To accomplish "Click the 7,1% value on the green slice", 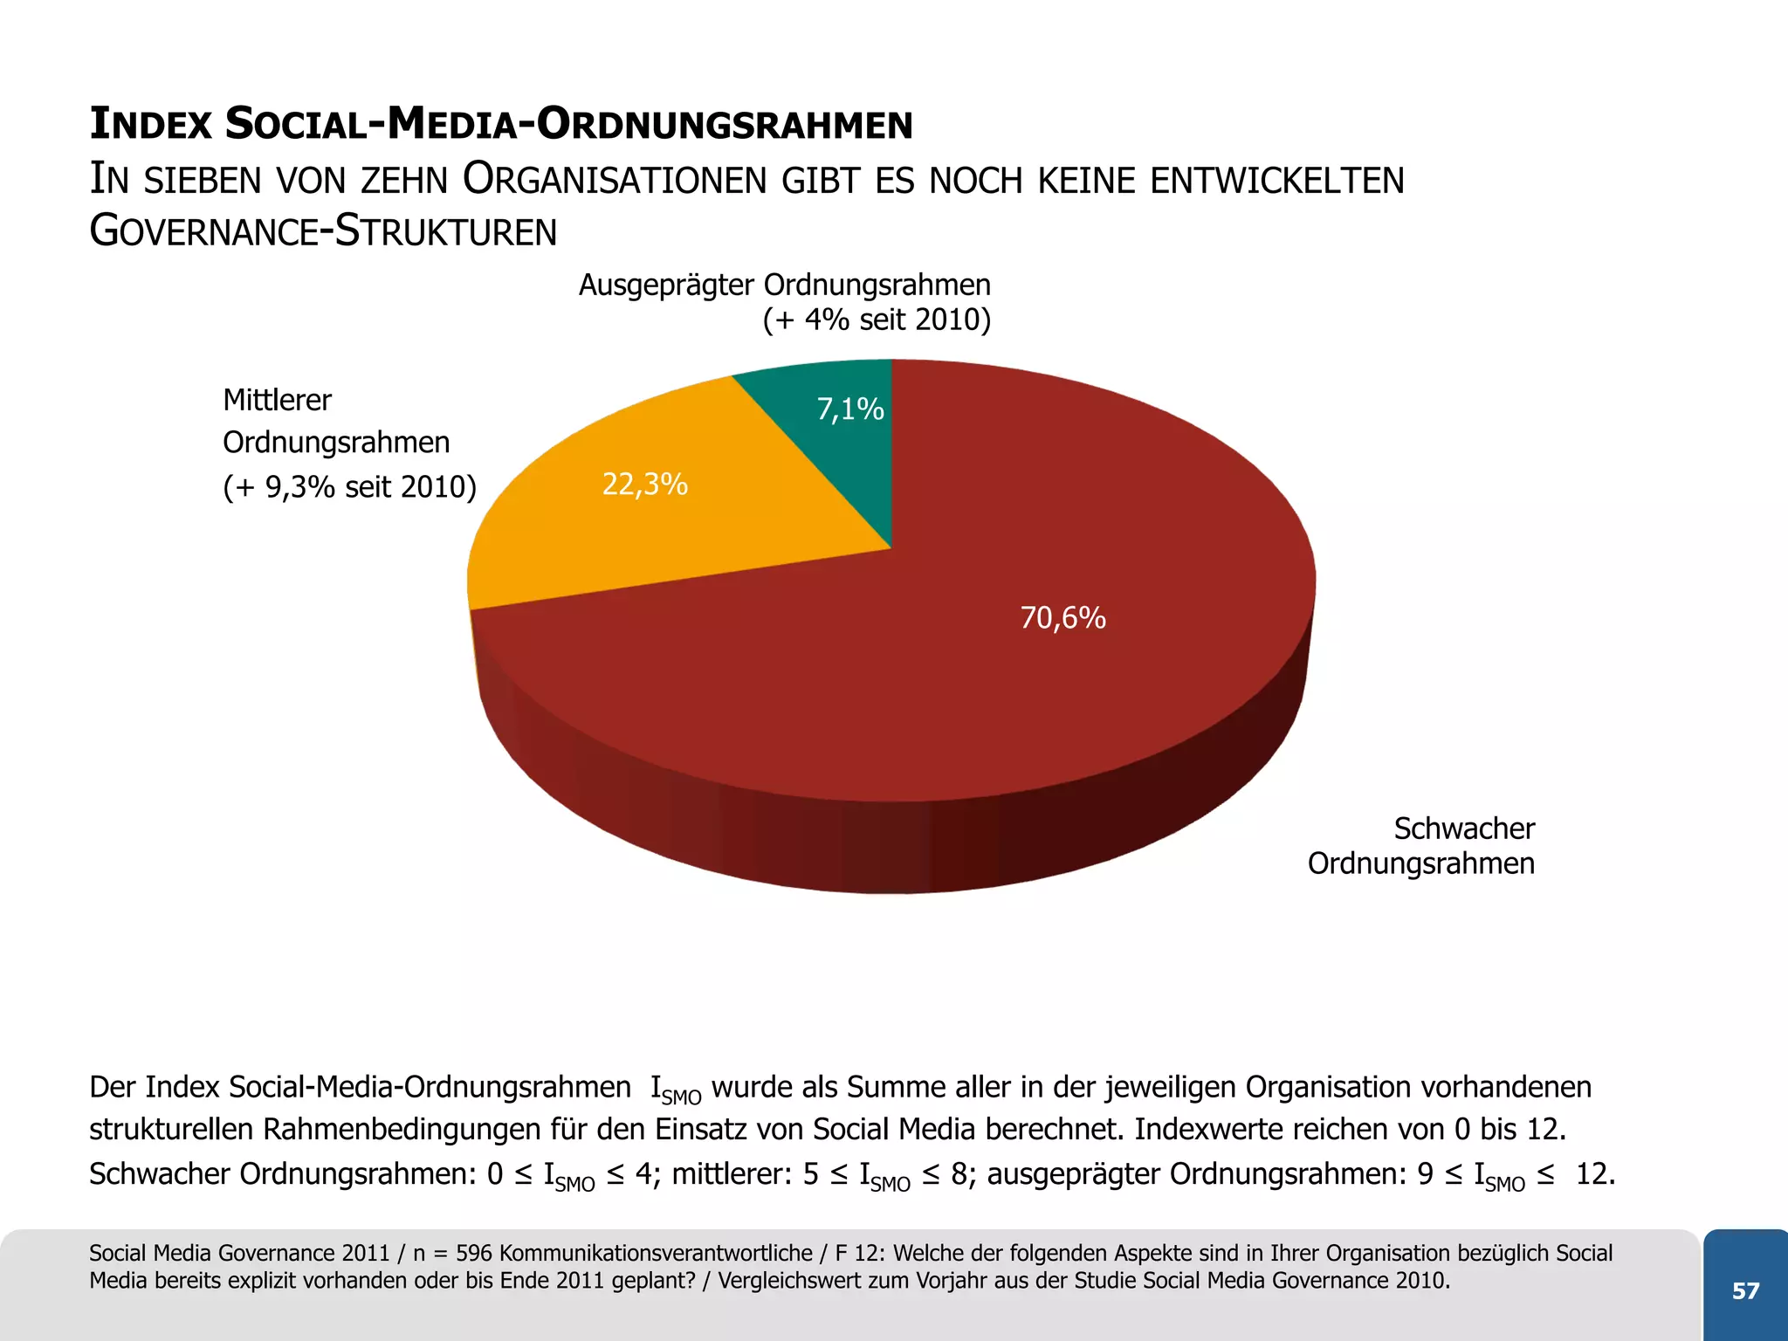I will click(x=850, y=409).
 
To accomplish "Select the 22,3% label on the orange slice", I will click(x=645, y=484).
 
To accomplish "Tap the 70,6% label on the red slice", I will click(x=1062, y=618).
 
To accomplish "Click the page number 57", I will click(x=1745, y=1291).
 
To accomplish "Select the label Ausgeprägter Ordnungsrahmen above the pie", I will click(x=784, y=285).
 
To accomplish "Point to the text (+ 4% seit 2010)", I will click(x=877, y=320).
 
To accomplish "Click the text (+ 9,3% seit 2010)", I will click(x=349, y=486).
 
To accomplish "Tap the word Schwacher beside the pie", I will click(x=1463, y=829).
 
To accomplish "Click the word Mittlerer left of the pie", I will click(x=277, y=401).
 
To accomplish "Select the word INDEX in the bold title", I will click(x=151, y=124).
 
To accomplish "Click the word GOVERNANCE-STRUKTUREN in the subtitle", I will click(x=323, y=232).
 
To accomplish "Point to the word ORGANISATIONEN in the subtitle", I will click(x=615, y=181).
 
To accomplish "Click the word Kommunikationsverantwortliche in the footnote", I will click(x=656, y=1254).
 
